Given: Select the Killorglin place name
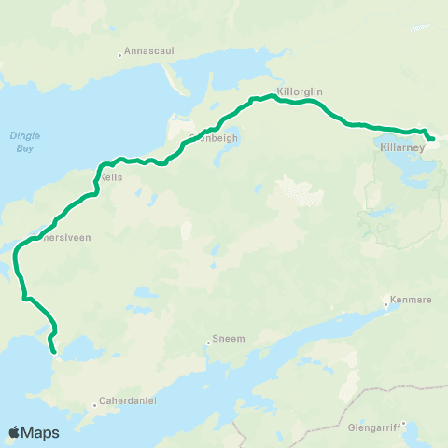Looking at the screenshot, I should [x=300, y=92].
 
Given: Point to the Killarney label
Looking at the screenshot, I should [x=402, y=147].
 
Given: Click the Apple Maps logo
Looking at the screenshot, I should [x=34, y=432].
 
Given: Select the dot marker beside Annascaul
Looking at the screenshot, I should [x=119, y=54].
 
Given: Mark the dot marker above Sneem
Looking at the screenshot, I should [x=208, y=343].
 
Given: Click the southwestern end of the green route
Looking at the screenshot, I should [x=54, y=352].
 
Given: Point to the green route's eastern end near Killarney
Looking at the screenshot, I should [x=433, y=140].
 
